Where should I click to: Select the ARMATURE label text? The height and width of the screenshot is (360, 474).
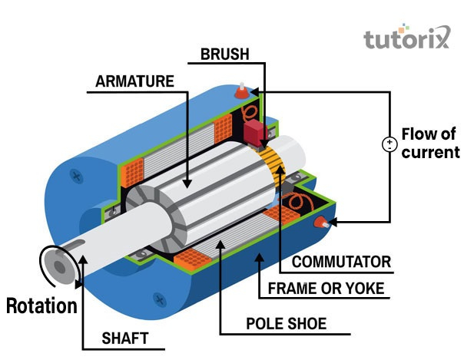pyautogui.click(x=134, y=81)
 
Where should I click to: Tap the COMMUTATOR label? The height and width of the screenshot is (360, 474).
pyautogui.click(x=341, y=262)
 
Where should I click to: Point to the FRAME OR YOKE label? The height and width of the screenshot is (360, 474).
pyautogui.click(x=325, y=289)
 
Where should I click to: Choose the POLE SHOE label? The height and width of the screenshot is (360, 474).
pyautogui.click(x=286, y=324)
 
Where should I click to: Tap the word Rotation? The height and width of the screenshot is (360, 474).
pyautogui.click(x=41, y=306)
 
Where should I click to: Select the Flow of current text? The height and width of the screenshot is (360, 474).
pyautogui.click(x=430, y=143)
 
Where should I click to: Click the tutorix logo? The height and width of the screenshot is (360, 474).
pyautogui.click(x=406, y=38)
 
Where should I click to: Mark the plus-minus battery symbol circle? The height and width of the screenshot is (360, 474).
pyautogui.click(x=389, y=144)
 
